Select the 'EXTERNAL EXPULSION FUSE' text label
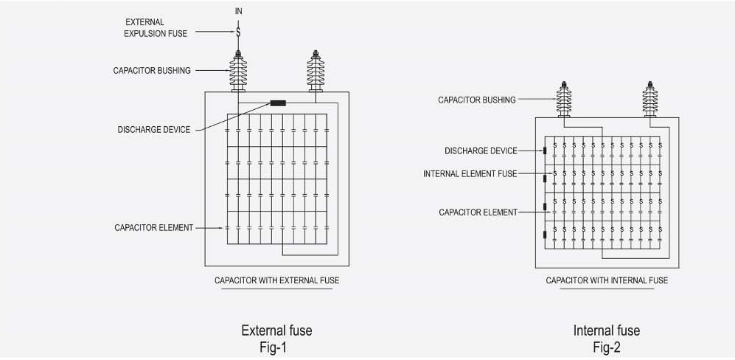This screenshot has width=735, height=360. (156, 28)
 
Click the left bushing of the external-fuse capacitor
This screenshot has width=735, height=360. (239, 72)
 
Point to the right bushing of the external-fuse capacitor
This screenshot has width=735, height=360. (316, 72)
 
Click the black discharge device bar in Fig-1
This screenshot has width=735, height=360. (278, 103)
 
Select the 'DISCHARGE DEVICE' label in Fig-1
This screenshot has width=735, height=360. (154, 130)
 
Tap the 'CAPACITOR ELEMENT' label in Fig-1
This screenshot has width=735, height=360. (154, 228)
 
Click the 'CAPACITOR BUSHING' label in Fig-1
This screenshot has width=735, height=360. (152, 71)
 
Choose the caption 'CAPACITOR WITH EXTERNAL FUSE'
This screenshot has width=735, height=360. (276, 280)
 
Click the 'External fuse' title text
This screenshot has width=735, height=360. (276, 330)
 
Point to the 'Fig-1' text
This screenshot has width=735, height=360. (276, 345)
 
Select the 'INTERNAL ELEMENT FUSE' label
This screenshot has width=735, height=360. (470, 174)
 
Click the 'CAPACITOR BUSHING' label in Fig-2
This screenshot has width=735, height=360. (477, 100)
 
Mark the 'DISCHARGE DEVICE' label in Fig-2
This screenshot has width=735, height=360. (481, 150)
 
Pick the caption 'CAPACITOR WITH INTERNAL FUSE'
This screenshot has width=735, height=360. (607, 280)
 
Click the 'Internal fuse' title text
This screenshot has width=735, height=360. (607, 330)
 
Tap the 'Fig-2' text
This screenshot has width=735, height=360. (607, 345)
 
